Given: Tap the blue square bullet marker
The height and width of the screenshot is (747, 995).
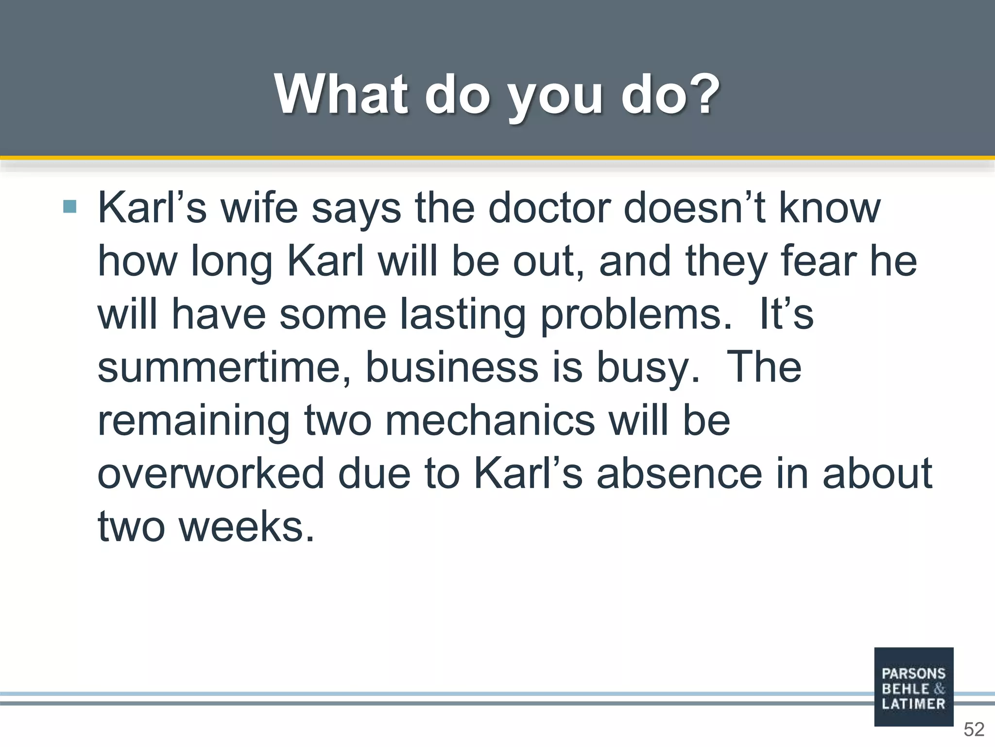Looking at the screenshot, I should point(70,207).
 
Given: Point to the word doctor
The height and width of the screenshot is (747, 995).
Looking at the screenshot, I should point(549,208).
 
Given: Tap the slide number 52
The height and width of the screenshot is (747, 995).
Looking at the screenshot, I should point(974,729).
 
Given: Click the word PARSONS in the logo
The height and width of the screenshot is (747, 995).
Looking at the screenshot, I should point(913,674).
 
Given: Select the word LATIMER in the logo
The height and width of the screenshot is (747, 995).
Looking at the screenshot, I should point(913,704).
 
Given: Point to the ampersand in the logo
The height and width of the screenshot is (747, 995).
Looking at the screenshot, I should point(940,689).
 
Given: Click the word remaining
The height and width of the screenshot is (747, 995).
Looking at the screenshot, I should point(193,421).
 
